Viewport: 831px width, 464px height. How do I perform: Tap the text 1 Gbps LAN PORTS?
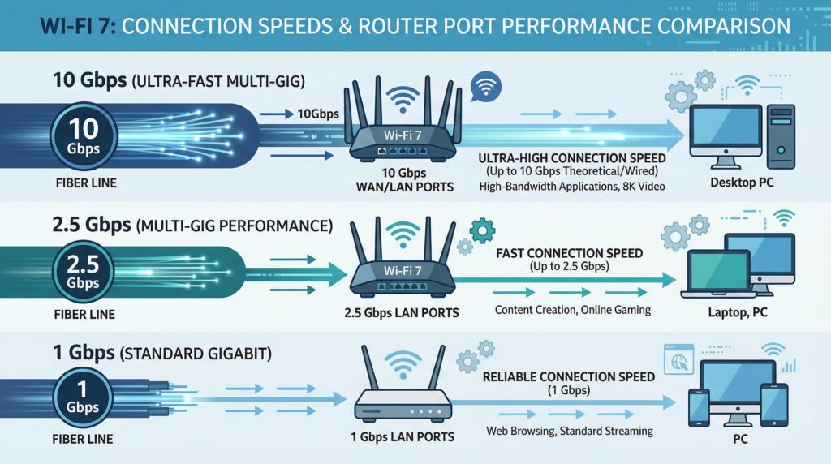pyautogui.click(x=403, y=437)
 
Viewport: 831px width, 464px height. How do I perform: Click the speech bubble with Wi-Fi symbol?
pyautogui.click(x=485, y=85)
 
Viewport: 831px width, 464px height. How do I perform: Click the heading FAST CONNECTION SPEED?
pyautogui.click(x=568, y=253)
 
